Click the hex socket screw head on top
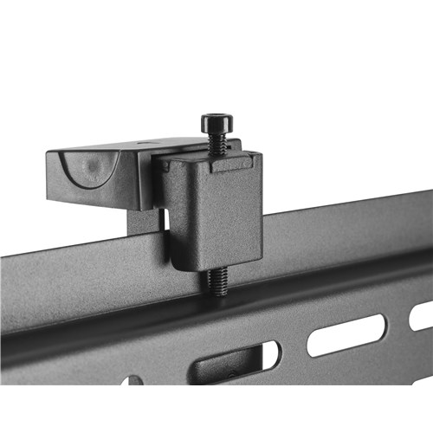[x=216, y=123]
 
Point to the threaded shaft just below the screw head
[x=217, y=144]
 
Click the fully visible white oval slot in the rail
[x=346, y=334]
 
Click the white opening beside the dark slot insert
[x=269, y=354]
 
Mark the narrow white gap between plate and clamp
[x=164, y=220]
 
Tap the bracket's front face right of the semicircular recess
[x=130, y=178]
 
